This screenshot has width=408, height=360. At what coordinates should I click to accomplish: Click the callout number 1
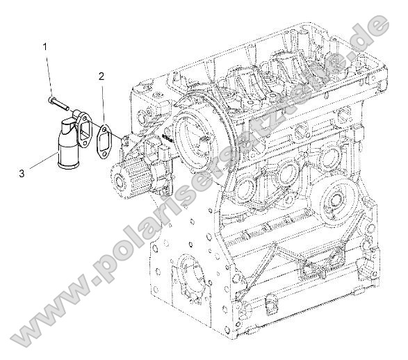pyautogui.click(x=46, y=47)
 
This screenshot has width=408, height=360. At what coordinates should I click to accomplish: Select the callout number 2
pyautogui.click(x=101, y=76)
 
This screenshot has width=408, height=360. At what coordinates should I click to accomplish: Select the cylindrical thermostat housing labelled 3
pyautogui.click(x=70, y=147)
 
